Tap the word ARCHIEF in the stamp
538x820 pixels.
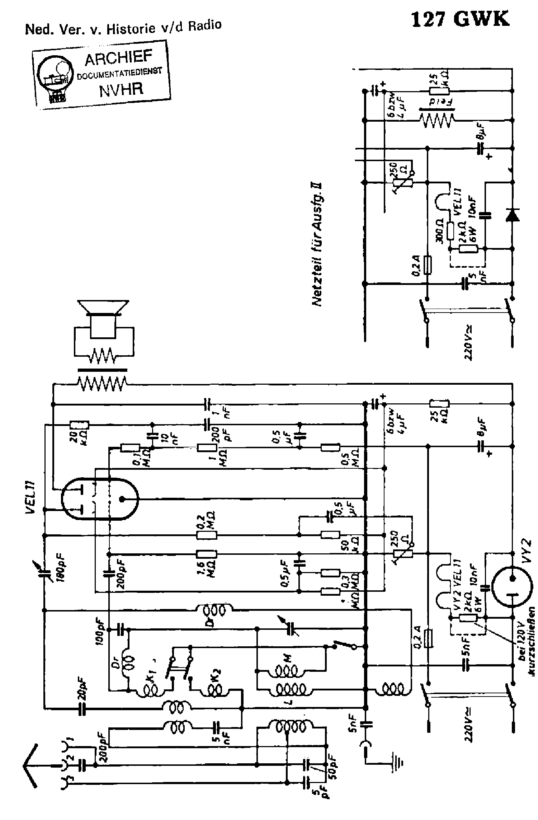(x=118, y=58)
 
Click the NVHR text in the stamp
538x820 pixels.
(x=121, y=89)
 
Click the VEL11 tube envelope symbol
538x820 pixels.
(x=100, y=499)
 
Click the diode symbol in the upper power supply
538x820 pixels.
(x=512, y=215)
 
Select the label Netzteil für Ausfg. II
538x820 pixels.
(x=317, y=244)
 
